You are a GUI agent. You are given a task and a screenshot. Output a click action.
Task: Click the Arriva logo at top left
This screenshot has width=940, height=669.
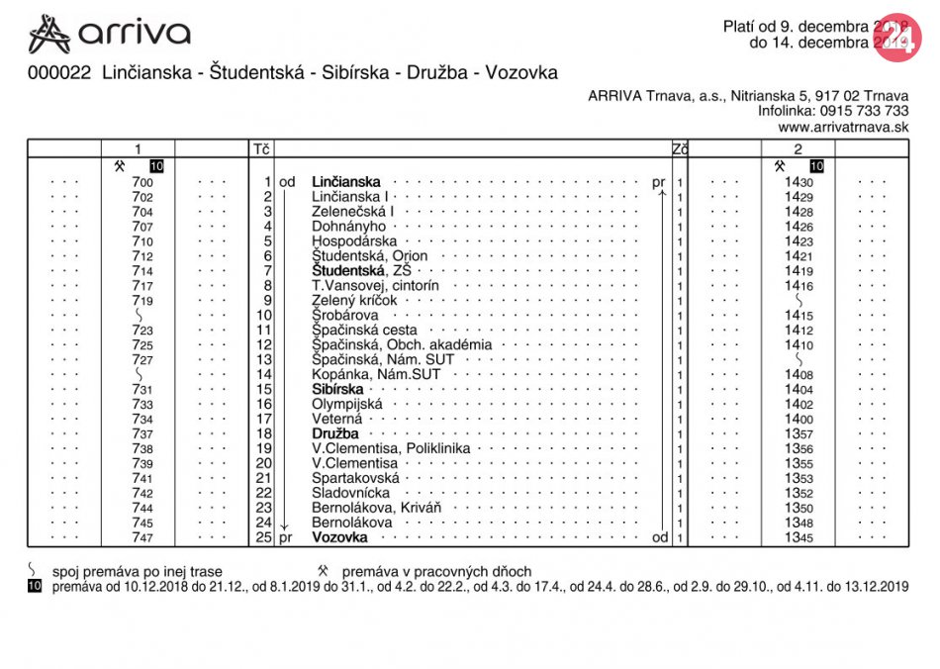point(109,34)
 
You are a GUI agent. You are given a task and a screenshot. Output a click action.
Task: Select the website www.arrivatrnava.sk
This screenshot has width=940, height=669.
point(843,127)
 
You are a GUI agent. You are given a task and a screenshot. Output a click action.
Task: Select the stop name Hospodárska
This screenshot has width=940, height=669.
point(354,241)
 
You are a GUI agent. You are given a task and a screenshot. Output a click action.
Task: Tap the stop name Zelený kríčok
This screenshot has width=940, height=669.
point(354,301)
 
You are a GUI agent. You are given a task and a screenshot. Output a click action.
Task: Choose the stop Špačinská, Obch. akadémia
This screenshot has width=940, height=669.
point(401,345)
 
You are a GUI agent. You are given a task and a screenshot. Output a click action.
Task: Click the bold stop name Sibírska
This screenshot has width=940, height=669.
point(337,390)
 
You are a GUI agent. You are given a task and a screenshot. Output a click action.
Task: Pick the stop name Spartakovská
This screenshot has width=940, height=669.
point(355,478)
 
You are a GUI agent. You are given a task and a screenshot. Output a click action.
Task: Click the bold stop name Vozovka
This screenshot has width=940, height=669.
point(339,537)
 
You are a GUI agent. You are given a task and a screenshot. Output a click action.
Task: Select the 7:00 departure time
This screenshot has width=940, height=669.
point(141,182)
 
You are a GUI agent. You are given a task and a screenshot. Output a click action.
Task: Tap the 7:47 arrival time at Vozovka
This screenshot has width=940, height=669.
point(141,537)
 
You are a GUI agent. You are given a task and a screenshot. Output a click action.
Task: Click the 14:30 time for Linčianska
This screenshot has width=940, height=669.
point(799,182)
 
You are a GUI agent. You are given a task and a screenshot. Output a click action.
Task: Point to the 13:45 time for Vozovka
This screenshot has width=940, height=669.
point(799,537)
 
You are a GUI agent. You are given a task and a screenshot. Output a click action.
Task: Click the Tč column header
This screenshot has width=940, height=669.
point(261,149)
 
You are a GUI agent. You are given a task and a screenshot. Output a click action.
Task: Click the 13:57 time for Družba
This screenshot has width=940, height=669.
point(799,433)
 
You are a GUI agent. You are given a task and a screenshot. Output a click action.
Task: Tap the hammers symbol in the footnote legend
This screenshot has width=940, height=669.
point(324,571)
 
